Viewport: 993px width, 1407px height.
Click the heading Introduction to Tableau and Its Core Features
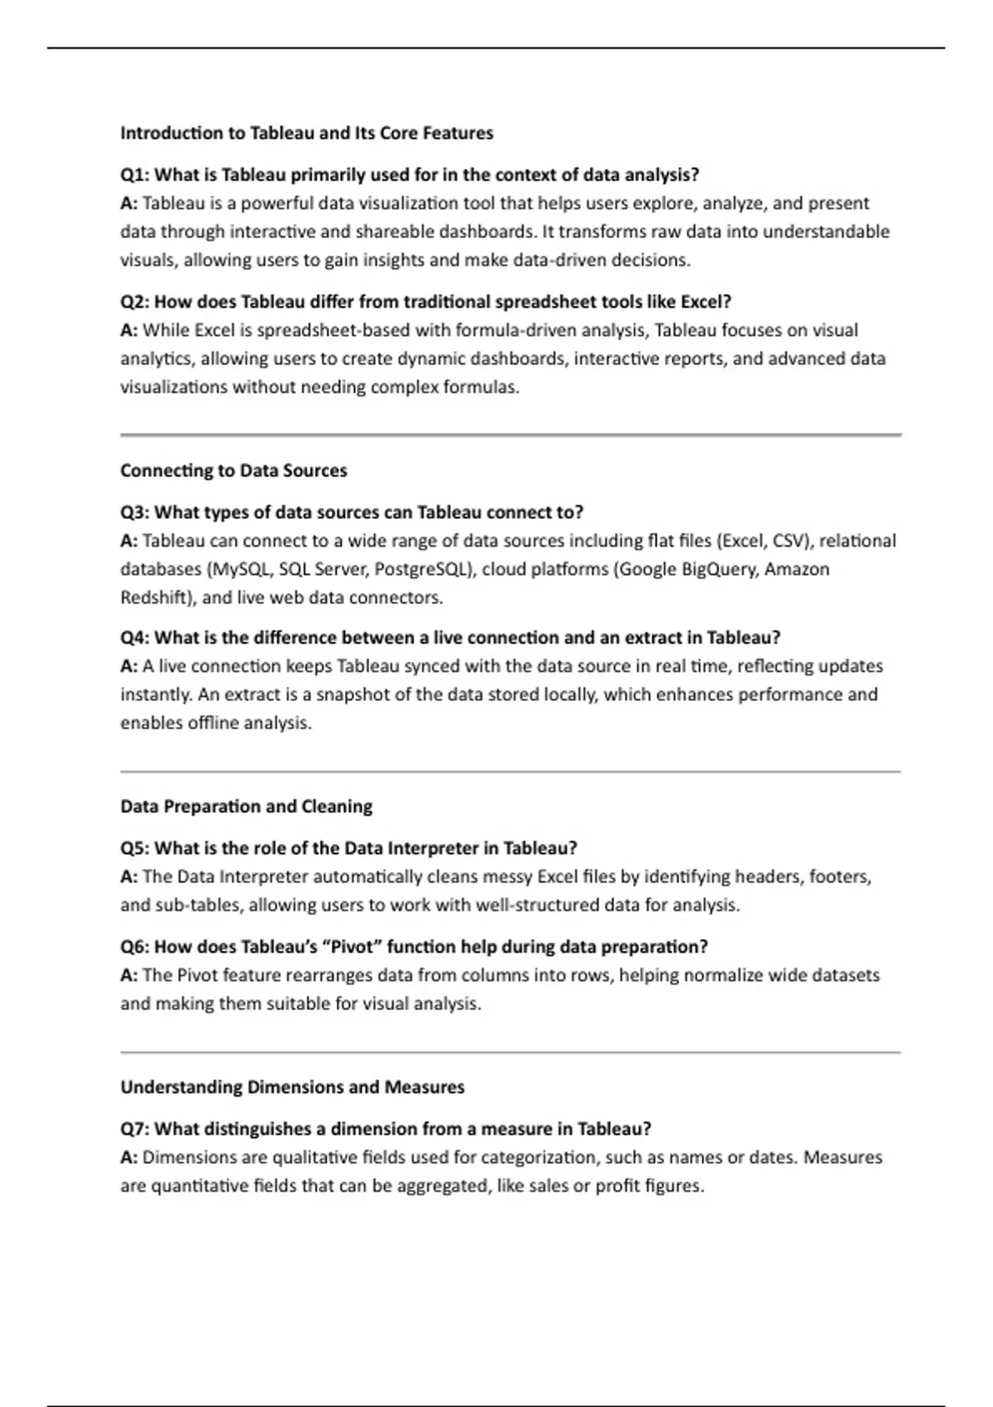[x=306, y=133]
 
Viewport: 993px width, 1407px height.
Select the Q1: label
[x=135, y=175]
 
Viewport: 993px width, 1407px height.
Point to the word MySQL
[x=241, y=569]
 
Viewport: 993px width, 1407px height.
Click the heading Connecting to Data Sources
[x=233, y=471]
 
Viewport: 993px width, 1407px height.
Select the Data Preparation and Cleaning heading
[x=246, y=807]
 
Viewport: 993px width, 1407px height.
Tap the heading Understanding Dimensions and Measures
[x=292, y=1088]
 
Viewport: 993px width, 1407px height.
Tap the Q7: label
[x=135, y=1129]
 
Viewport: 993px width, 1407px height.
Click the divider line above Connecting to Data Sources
[x=510, y=435]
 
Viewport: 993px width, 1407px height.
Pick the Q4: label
[x=135, y=638]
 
